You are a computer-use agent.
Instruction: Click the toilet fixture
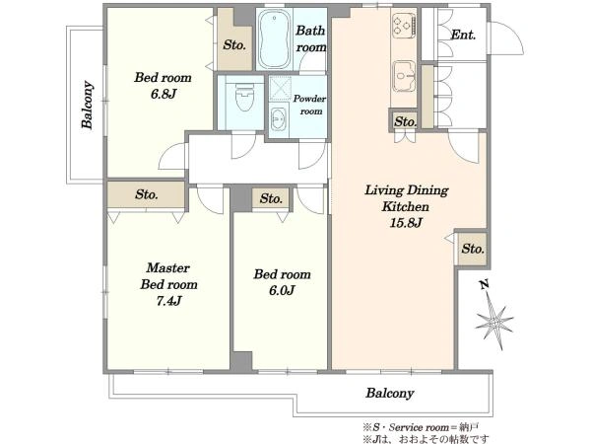244,97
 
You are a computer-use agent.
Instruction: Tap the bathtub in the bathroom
275,39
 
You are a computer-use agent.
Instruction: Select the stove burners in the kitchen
404,25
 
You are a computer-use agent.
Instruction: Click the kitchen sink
404,76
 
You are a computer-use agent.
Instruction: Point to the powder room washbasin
278,119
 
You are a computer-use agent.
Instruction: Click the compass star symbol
493,321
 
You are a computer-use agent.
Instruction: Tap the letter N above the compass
485,285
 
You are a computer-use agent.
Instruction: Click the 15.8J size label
406,223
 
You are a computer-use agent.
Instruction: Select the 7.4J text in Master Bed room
168,301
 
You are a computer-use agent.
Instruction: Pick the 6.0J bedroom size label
282,290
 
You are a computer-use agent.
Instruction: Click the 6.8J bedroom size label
164,94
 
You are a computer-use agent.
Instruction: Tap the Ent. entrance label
463,36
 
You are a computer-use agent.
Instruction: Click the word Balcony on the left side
88,105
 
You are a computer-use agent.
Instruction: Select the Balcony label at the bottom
390,394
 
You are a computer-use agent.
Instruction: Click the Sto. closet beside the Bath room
234,45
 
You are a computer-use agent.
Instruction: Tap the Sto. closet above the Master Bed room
146,194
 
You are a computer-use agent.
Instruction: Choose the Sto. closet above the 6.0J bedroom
271,198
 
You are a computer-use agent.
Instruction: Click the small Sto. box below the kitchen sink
405,121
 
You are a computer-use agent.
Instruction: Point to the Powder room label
309,105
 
